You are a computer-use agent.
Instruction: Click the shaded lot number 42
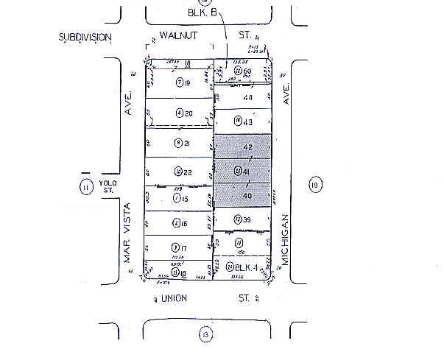point(247,147)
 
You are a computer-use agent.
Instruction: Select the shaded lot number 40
point(247,196)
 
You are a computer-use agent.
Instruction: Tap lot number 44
point(248,97)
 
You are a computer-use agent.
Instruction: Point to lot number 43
point(248,121)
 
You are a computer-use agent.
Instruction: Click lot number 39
point(248,219)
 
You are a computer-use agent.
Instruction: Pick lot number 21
point(187,142)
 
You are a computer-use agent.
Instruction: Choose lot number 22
point(187,172)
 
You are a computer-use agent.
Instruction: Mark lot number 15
point(187,198)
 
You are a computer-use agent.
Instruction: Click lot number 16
point(187,223)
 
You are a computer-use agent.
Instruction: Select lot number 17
point(187,247)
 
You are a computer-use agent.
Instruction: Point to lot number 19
point(187,83)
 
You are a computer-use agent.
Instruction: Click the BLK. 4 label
point(250,267)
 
